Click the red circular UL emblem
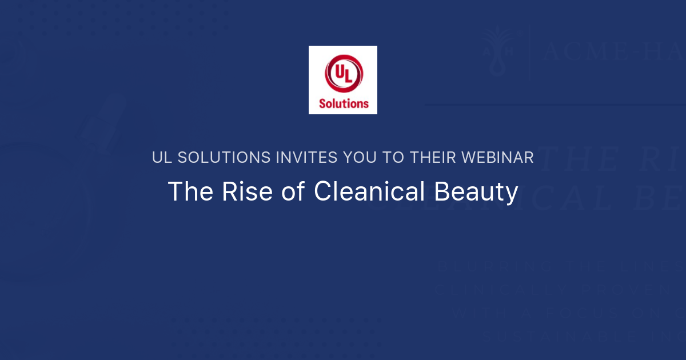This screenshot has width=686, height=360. [x=343, y=73]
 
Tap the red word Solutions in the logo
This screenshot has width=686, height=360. [x=344, y=103]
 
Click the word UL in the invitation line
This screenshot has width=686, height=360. [x=161, y=158]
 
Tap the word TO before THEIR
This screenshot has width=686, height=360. [x=394, y=158]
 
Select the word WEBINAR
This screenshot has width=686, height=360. [x=498, y=158]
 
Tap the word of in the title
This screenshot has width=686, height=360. [x=293, y=192]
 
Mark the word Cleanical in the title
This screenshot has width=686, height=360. [x=369, y=192]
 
